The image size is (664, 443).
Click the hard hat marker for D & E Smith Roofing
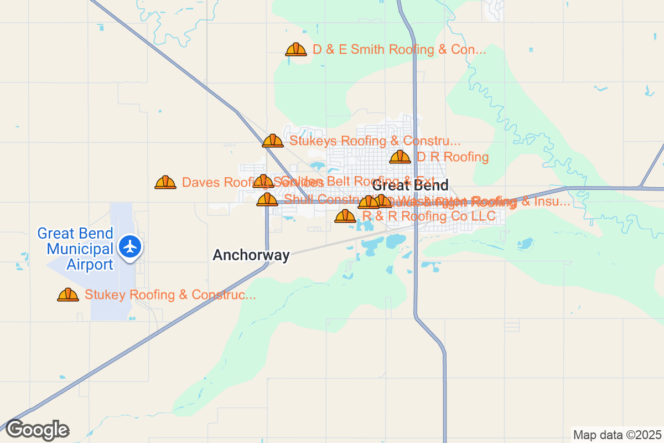point(296,49)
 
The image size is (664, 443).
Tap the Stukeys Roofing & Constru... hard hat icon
point(273,141)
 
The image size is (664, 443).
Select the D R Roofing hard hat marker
point(400,157)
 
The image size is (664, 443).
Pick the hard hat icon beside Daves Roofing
point(165,182)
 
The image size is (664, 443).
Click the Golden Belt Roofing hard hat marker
point(263,181)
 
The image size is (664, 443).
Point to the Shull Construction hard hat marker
point(267,199)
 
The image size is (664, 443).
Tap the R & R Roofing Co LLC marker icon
point(345,216)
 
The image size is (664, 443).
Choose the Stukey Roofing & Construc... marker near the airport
point(68,295)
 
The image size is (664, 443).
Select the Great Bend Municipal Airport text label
point(75,249)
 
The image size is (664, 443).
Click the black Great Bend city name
point(410,185)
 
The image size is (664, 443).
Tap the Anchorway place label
point(251,255)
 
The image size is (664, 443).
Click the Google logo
point(37,430)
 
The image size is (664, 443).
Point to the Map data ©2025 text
point(616,435)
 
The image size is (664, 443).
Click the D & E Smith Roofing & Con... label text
point(399,49)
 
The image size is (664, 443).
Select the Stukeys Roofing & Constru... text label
point(375,141)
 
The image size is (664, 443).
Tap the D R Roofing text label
point(453,157)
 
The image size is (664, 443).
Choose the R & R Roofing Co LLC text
point(429,216)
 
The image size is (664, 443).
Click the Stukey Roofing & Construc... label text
point(170,295)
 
